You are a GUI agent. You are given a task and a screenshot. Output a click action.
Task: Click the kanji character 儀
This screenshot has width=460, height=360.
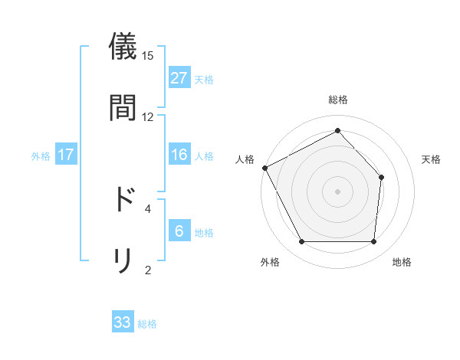click(x=123, y=47)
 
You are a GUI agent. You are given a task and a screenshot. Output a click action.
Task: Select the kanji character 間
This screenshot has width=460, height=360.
click(x=123, y=107)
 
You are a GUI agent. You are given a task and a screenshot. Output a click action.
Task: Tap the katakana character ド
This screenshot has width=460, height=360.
click(x=123, y=199)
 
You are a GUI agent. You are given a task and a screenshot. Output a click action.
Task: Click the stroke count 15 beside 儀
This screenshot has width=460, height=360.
click(x=148, y=56)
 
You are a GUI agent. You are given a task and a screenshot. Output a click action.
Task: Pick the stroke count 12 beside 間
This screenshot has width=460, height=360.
click(x=148, y=116)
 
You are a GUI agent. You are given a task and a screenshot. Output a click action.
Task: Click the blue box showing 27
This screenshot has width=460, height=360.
click(x=179, y=78)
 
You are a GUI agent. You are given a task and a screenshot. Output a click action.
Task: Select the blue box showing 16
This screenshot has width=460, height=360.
click(x=179, y=155)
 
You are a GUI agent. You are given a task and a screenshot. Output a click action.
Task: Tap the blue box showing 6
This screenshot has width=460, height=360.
click(x=179, y=231)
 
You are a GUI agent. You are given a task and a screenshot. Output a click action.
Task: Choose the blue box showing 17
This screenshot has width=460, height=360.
click(x=66, y=155)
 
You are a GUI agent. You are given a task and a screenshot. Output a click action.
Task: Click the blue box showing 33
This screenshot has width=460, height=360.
click(x=123, y=322)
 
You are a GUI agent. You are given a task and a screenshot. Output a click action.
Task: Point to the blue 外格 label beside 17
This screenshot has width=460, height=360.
click(x=41, y=155)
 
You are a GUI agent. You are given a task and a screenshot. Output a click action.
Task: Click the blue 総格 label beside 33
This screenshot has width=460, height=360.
click(x=147, y=323)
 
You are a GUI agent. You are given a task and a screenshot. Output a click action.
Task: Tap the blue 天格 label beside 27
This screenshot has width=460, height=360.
click(x=204, y=79)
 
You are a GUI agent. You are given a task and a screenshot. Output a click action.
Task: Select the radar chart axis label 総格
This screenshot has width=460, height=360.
click(x=337, y=100)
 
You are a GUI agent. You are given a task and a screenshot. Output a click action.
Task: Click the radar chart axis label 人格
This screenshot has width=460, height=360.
click(x=245, y=159)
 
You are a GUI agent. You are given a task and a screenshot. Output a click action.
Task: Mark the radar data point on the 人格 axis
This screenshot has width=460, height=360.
click(x=264, y=168)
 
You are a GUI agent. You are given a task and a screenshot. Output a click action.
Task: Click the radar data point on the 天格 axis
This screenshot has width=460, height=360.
click(x=381, y=178)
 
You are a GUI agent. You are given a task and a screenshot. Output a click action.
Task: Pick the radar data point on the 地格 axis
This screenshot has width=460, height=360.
click(x=373, y=242)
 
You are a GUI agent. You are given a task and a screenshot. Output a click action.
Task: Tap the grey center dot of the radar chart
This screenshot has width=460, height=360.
click(x=337, y=191)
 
